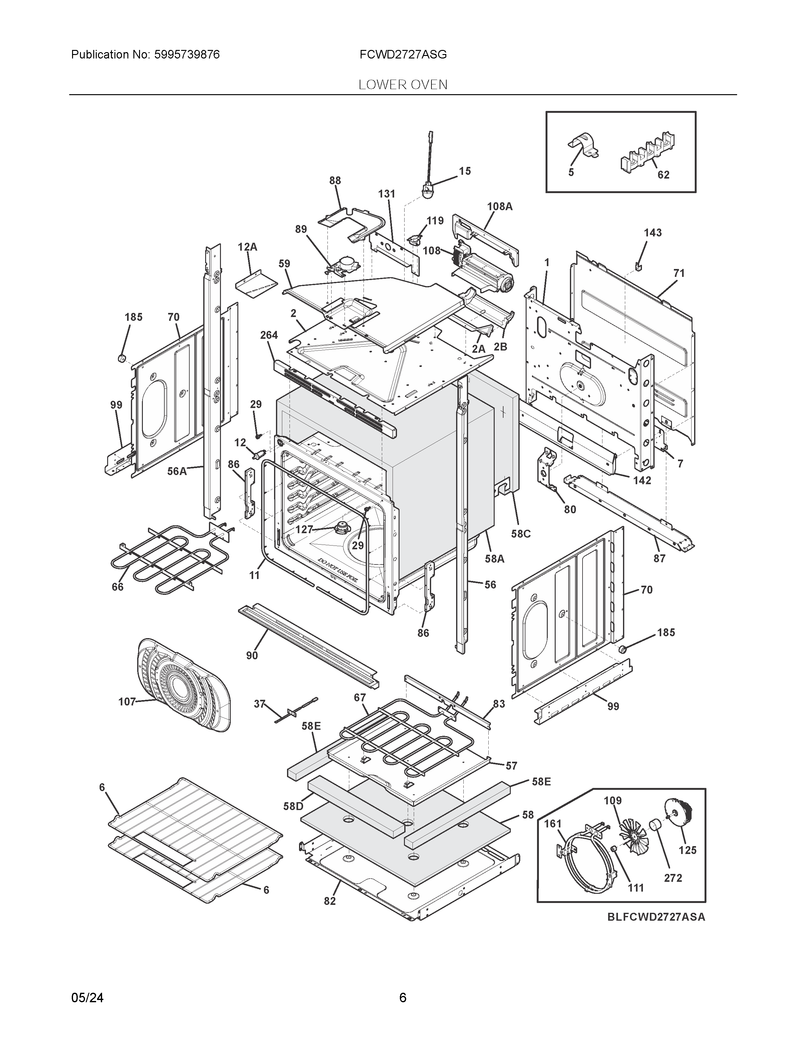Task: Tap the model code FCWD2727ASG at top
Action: (403, 55)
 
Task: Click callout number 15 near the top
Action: (465, 171)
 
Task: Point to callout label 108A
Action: (499, 206)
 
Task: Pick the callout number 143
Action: (652, 233)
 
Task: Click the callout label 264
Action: (269, 335)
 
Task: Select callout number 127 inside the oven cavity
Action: (304, 529)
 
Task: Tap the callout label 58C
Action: (521, 534)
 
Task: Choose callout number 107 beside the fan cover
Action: (127, 702)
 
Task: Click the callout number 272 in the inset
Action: (673, 878)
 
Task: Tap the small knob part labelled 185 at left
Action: (122, 358)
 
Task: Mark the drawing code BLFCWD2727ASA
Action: (656, 917)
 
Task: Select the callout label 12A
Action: (247, 247)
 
